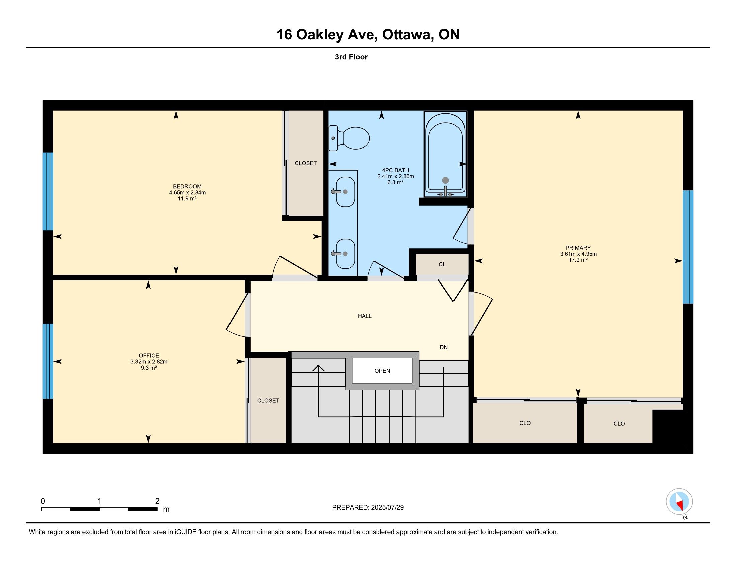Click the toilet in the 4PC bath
point(349,138)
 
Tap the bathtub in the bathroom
point(445,154)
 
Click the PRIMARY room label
point(578,248)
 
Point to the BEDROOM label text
point(187,186)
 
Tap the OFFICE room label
point(149,355)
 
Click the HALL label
point(365,316)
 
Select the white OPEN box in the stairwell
point(382,371)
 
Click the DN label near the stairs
point(444,347)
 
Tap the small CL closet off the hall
point(442,264)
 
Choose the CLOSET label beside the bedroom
point(306,163)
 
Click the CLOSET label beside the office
point(268,400)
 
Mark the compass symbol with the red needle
point(679,502)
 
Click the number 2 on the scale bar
point(157,501)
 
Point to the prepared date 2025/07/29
point(387,508)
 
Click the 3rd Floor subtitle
point(351,57)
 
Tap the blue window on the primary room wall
point(688,247)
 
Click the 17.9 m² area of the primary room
point(578,260)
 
